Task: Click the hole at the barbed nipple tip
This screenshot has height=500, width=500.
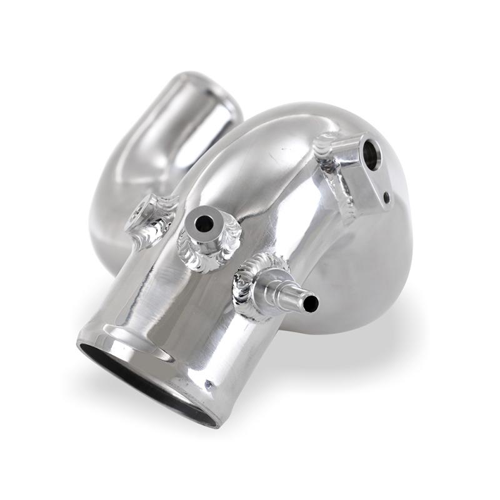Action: click(x=311, y=304)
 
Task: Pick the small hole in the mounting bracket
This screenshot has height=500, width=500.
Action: click(x=387, y=197)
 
